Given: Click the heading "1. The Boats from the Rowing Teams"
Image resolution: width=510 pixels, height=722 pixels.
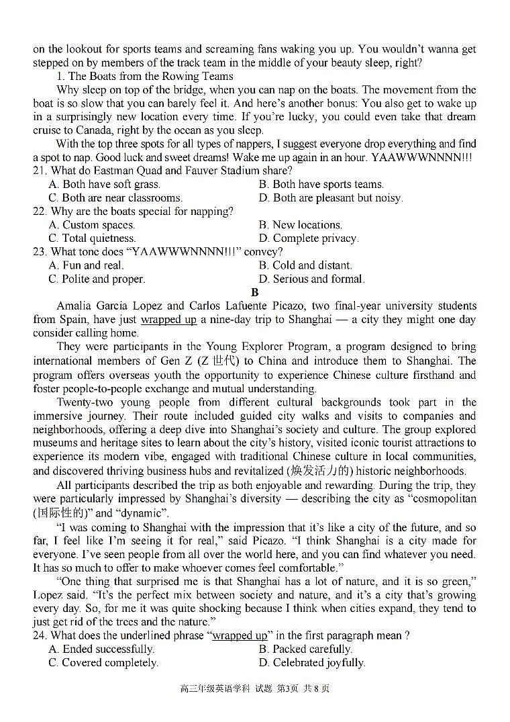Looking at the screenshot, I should click(x=144, y=76).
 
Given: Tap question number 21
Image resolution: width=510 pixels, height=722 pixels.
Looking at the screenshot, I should click(x=40, y=171).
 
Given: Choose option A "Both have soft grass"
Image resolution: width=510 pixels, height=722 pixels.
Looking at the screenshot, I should click(x=104, y=184).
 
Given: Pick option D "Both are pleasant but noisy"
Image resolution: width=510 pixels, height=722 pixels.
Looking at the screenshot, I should click(x=330, y=197).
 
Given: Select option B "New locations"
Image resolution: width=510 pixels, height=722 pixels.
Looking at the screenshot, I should click(x=300, y=225).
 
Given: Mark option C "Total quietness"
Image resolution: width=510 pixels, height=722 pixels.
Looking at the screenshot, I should click(x=92, y=238).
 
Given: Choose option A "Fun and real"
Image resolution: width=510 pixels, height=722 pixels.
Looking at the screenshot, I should click(x=86, y=265).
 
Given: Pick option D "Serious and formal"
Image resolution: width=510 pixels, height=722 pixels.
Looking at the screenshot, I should click(x=311, y=279).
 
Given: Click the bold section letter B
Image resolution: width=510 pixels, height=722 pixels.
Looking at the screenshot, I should click(x=254, y=292).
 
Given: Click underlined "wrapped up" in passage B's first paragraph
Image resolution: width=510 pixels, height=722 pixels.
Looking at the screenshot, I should click(x=168, y=320).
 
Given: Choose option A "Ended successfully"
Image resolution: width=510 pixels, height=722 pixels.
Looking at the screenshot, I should click(x=101, y=649).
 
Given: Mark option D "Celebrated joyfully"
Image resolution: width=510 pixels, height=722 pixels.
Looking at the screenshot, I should click(x=311, y=662).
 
